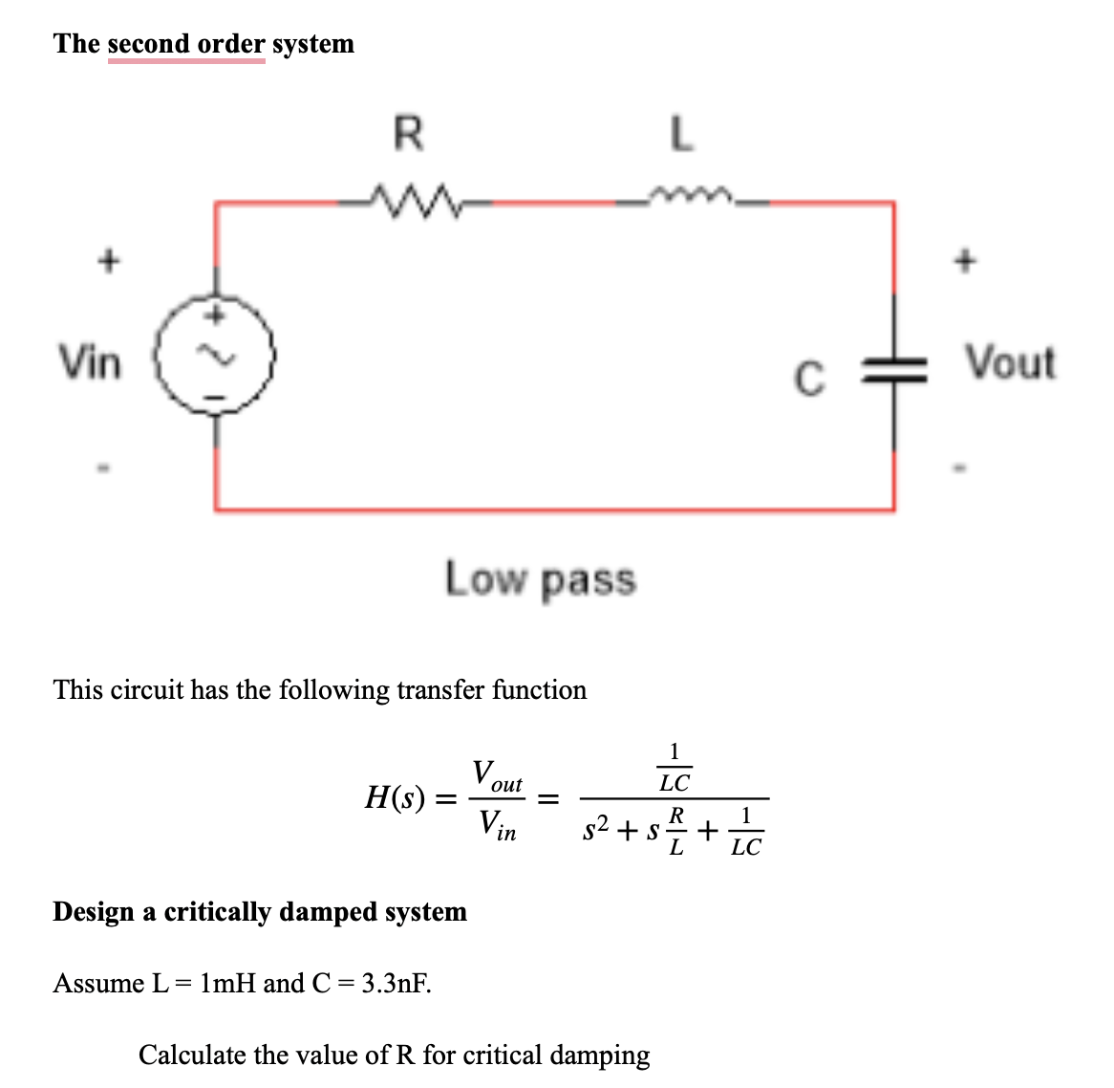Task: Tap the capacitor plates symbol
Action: [x=894, y=372]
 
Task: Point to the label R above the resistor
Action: [x=408, y=133]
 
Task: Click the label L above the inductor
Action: [x=679, y=133]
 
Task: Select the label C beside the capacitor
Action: [x=808, y=379]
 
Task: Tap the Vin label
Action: [x=90, y=362]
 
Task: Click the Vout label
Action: [x=1010, y=363]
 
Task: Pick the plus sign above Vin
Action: [x=109, y=259]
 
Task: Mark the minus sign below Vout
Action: [x=965, y=468]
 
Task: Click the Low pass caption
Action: [x=540, y=579]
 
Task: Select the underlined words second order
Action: [x=186, y=44]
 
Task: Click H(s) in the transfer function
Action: [x=395, y=796]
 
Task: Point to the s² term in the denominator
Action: [x=597, y=830]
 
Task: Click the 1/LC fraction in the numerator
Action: [x=675, y=768]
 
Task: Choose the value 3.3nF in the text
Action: [x=396, y=983]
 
